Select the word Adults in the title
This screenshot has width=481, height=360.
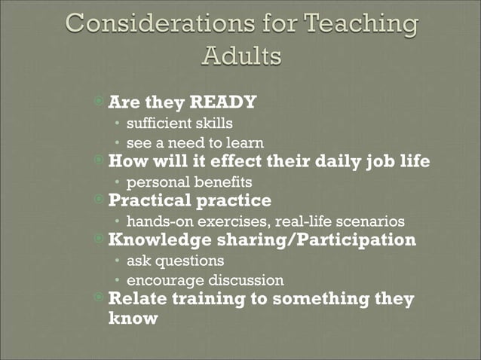pyautogui.click(x=242, y=57)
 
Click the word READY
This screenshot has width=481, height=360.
pyautogui.click(x=223, y=101)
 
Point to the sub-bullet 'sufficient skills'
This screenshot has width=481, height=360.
pyautogui.click(x=179, y=122)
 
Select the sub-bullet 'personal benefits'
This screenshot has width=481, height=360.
pyautogui.click(x=189, y=182)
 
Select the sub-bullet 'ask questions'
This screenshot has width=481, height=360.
pyautogui.click(x=175, y=261)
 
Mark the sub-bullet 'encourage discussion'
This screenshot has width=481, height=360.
pyautogui.click(x=205, y=280)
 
